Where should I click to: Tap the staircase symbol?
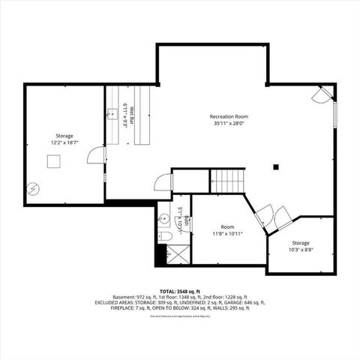pyautogui.click(x=227, y=181)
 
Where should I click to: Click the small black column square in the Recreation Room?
pyautogui.click(x=276, y=166)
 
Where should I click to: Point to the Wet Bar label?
pyautogui.click(x=130, y=115)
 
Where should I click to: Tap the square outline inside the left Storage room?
pyautogui.click(x=53, y=160)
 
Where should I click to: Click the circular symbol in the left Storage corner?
pyautogui.click(x=32, y=188)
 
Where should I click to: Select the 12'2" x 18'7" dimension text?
pyautogui.click(x=64, y=142)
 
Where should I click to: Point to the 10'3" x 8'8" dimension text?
pyautogui.click(x=301, y=250)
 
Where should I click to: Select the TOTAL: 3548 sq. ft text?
pyautogui.click(x=178, y=291)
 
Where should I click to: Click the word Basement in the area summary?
pyautogui.click(x=124, y=297)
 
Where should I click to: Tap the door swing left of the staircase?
pyautogui.click(x=163, y=183)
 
